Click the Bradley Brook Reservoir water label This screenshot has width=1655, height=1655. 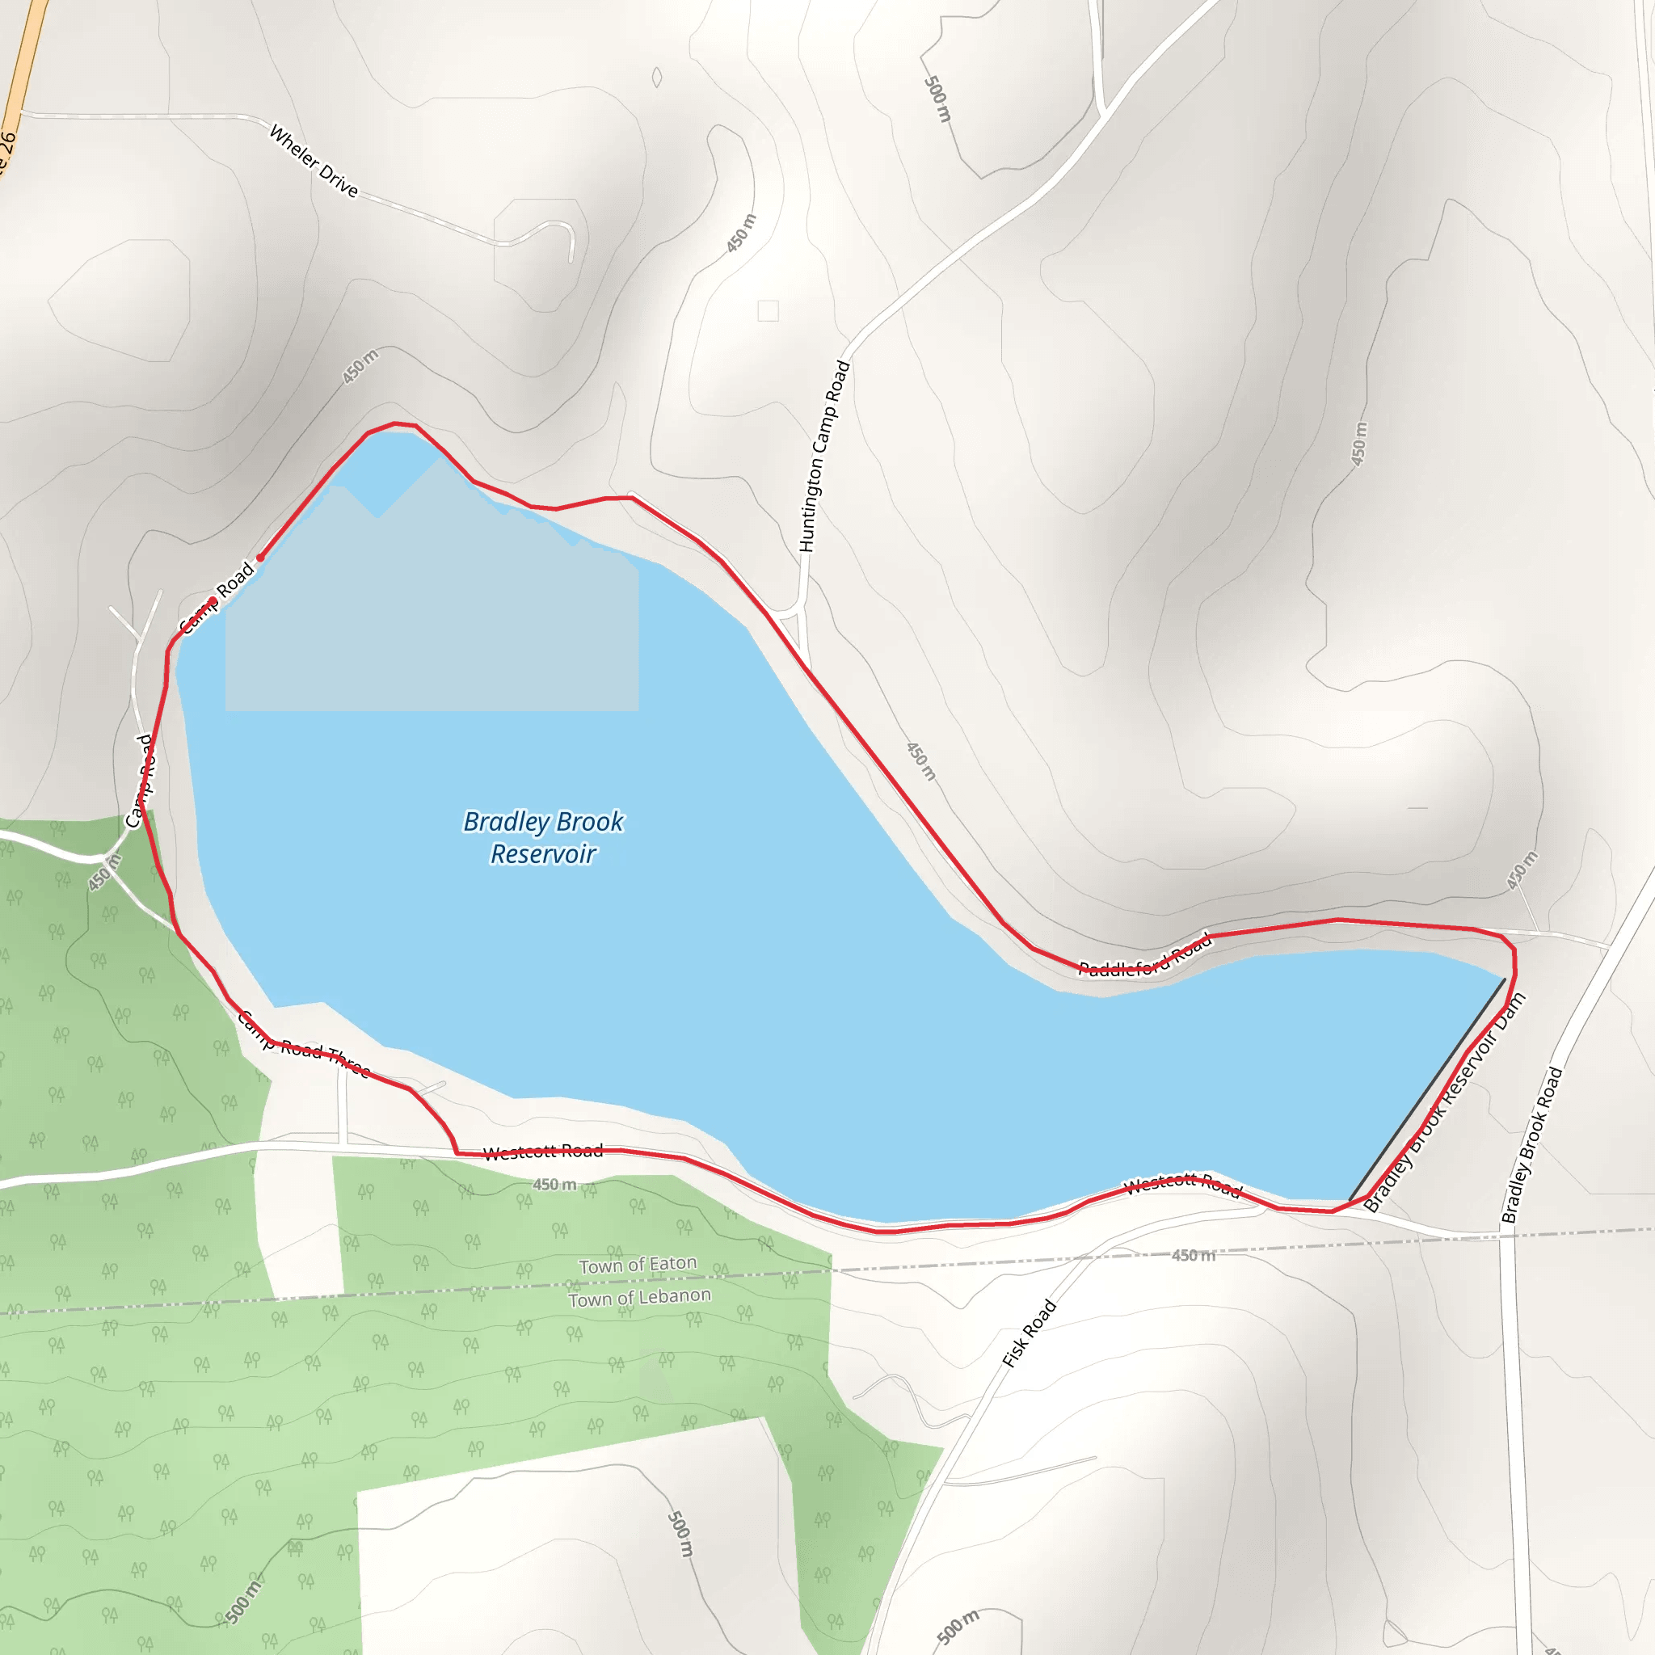point(543,837)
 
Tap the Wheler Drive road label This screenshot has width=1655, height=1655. point(314,160)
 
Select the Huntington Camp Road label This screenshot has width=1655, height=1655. point(823,457)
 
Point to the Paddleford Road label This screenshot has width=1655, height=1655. point(1144,956)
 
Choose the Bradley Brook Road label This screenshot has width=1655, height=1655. point(1532,1144)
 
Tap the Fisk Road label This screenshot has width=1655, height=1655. point(1030,1333)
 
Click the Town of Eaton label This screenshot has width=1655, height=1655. point(638,1265)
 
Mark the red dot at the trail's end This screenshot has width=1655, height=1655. point(260,558)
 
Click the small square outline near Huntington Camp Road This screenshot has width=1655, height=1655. point(769,310)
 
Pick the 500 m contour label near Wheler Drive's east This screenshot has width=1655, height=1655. point(938,99)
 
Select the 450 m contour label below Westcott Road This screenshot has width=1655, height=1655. point(555,1185)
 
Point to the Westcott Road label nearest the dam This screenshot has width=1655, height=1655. point(1183,1185)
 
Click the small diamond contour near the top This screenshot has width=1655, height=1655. point(657,77)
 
